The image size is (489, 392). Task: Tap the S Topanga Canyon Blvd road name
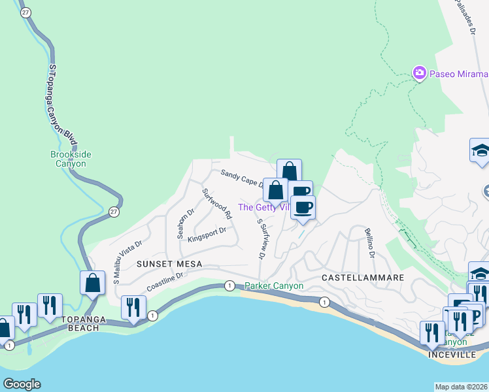[63, 105]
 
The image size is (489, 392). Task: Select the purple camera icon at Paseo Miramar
[420, 73]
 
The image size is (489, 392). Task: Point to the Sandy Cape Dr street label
[241, 178]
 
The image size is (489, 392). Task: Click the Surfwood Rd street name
[217, 203]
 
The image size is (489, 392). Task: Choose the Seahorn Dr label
[186, 223]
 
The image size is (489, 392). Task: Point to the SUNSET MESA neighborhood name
[169, 263]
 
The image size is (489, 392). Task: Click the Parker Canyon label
[274, 286]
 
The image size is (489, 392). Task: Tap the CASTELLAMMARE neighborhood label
[363, 278]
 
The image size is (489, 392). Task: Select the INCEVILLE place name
[452, 354]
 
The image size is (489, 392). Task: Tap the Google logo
[22, 384]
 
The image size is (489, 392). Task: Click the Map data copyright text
[461, 387]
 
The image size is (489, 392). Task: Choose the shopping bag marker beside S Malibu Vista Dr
[93, 284]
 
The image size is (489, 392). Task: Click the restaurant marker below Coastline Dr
[133, 308]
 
